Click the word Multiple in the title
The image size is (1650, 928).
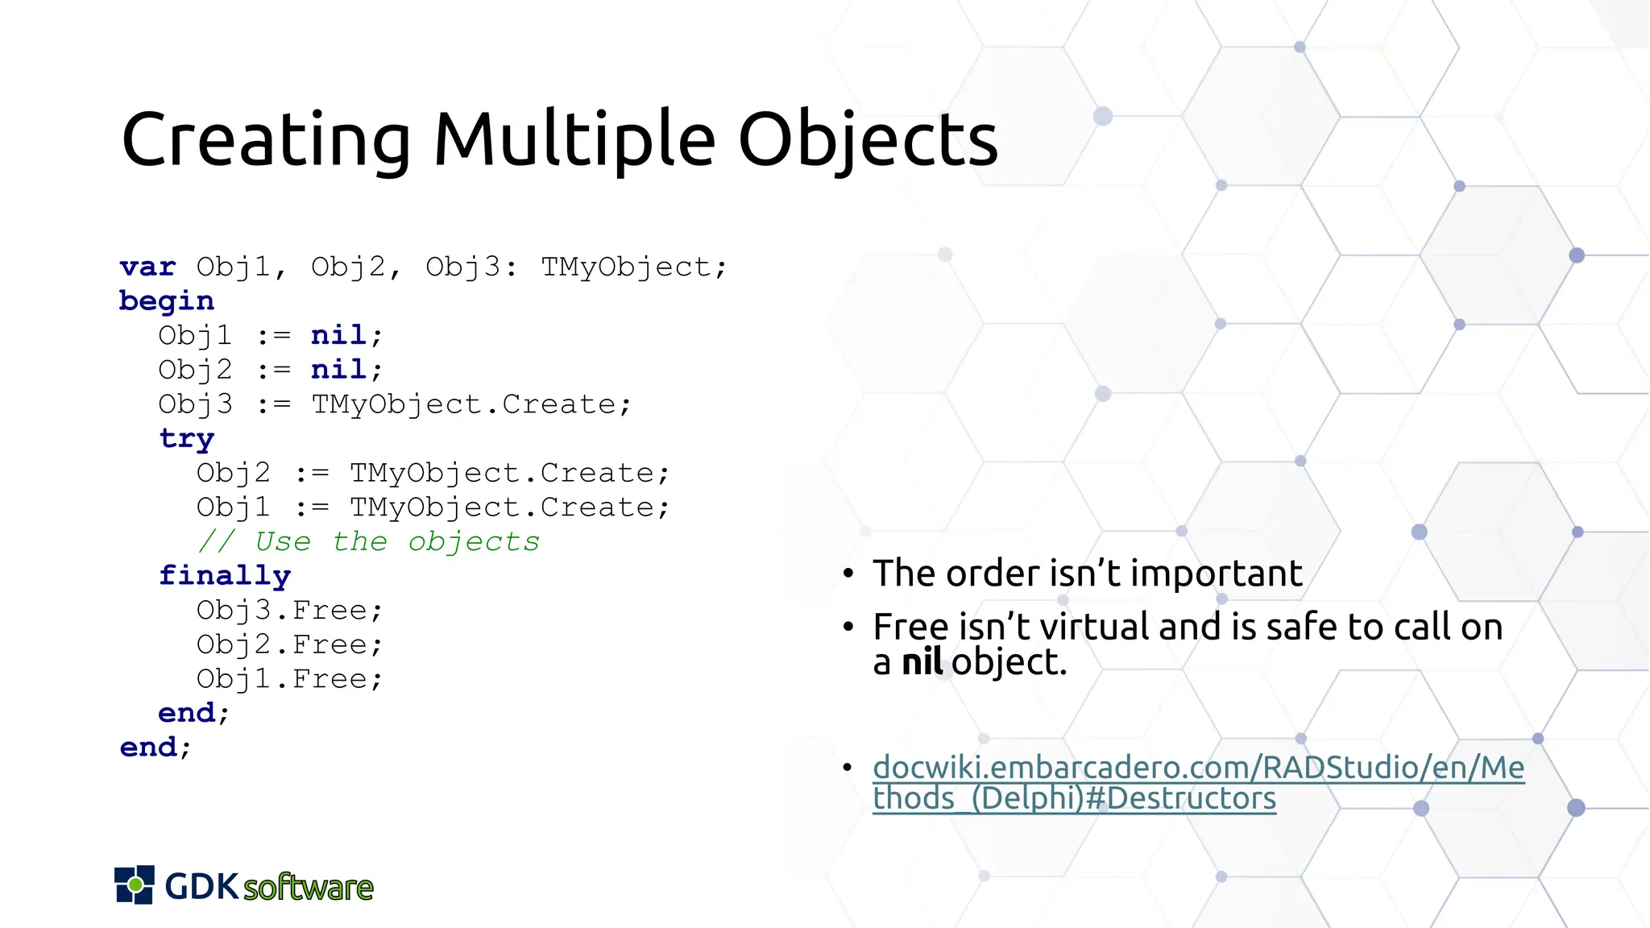coord(574,139)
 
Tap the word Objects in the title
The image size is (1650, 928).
coord(868,139)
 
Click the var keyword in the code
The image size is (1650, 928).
coord(147,267)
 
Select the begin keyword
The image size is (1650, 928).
coord(167,301)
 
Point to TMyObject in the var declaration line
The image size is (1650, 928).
coord(625,267)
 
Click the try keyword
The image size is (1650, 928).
coord(187,439)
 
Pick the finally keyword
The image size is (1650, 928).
coord(225,576)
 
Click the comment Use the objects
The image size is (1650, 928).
coord(369,541)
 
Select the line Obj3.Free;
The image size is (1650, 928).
coord(289,611)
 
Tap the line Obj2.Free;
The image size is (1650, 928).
coord(289,644)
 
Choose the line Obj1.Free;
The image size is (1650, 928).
coord(289,679)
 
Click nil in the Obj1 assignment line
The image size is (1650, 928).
coord(338,335)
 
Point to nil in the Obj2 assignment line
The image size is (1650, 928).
coord(338,370)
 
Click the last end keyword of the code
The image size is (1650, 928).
coord(148,748)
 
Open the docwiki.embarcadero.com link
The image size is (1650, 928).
coord(1197,768)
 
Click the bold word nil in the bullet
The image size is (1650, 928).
coord(922,662)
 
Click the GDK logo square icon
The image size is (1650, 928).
coord(135,885)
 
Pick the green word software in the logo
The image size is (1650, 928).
coord(309,888)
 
